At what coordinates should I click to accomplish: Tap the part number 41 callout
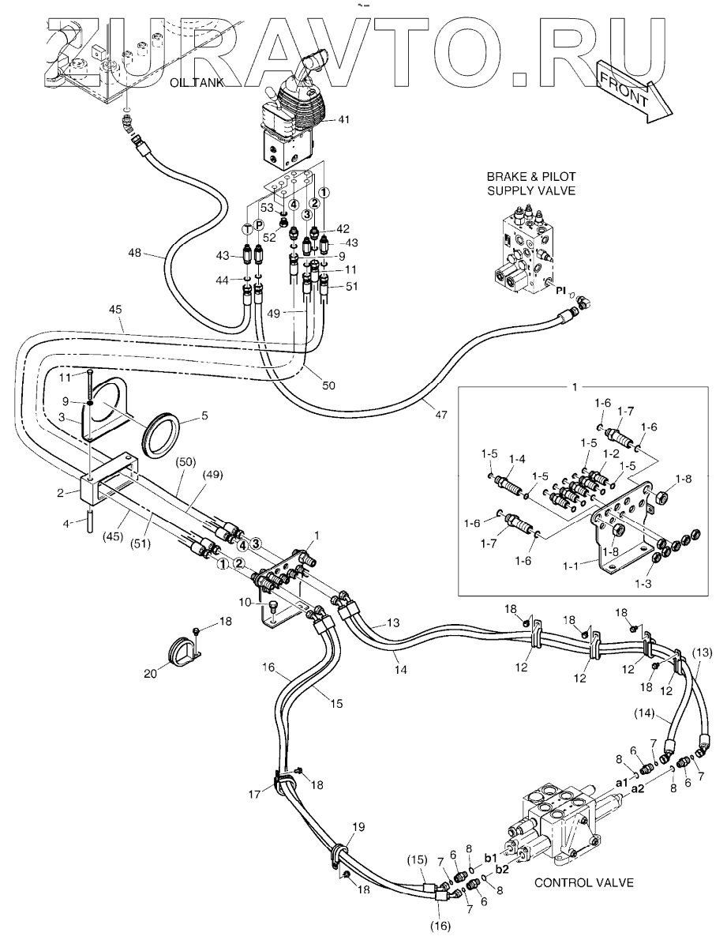pyautogui.click(x=344, y=120)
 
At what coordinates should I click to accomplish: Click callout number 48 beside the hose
pyautogui.click(x=137, y=254)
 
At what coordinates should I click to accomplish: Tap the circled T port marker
pyautogui.click(x=247, y=228)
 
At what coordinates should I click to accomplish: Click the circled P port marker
pyautogui.click(x=258, y=227)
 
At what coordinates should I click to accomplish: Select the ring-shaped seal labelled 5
pyautogui.click(x=163, y=435)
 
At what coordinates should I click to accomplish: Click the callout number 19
pyautogui.click(x=359, y=827)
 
